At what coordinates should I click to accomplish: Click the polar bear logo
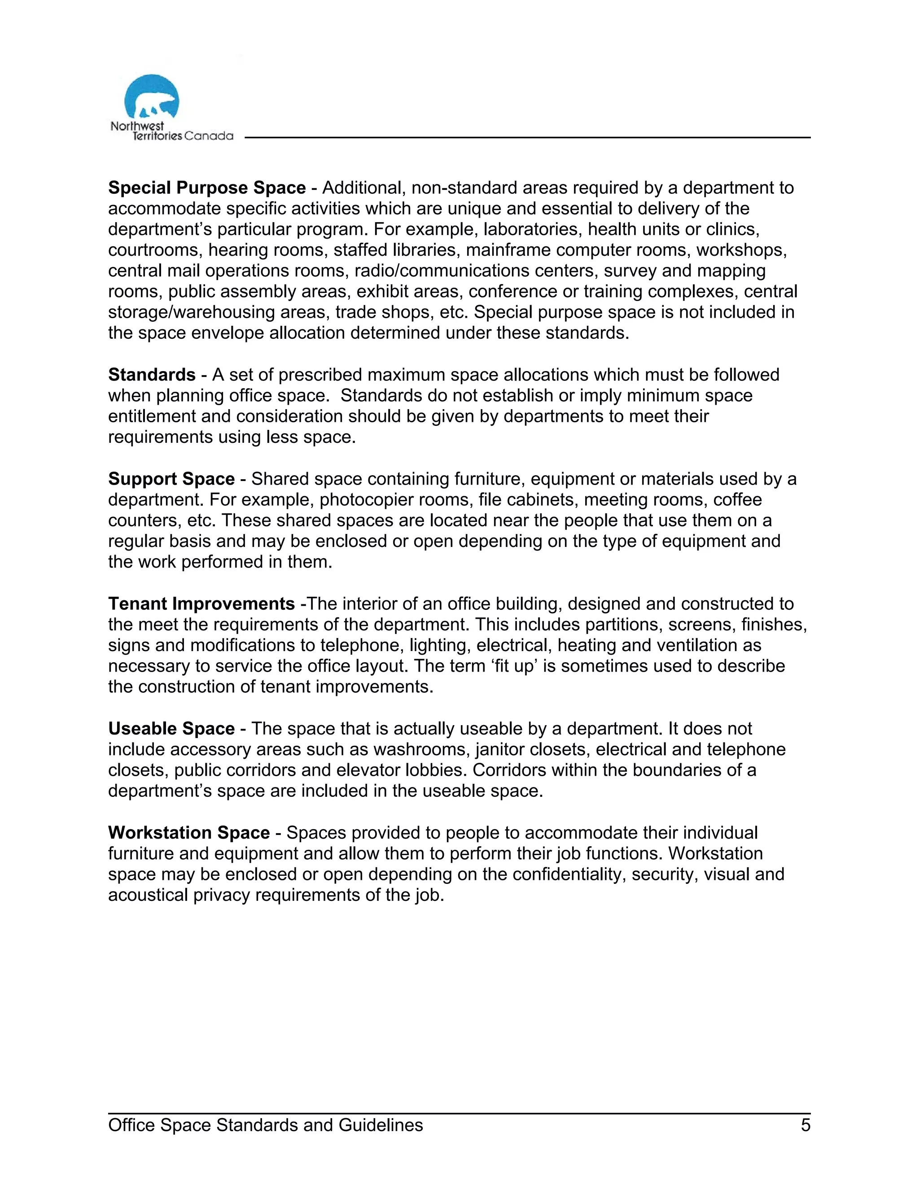(151, 98)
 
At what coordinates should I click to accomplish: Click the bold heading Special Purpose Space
(207, 188)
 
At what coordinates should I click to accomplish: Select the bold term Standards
(151, 375)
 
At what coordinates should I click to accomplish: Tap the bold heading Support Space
(171, 479)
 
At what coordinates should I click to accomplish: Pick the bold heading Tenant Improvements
(201, 604)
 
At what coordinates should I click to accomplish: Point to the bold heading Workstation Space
(188, 833)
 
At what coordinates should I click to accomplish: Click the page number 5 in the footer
(805, 1125)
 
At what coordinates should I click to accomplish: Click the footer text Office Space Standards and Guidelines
(265, 1125)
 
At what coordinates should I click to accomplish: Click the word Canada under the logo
(209, 136)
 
